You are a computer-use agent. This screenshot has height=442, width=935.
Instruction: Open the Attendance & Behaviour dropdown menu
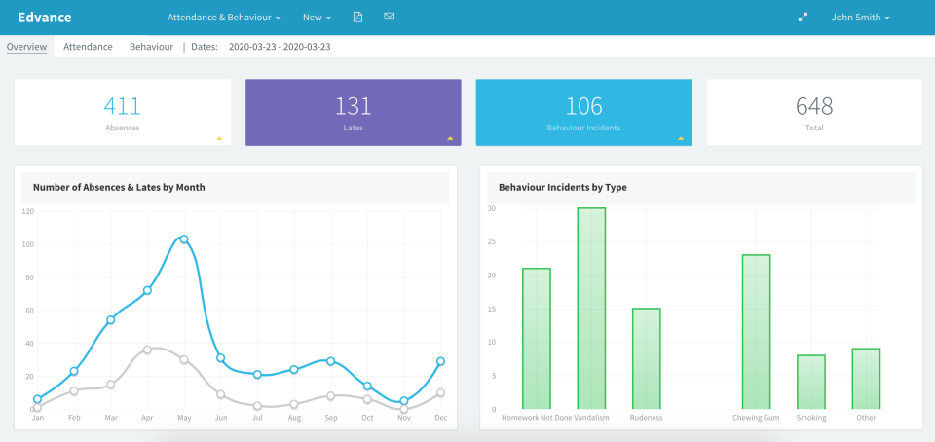tap(224, 18)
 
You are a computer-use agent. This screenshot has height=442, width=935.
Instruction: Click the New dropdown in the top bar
tap(317, 18)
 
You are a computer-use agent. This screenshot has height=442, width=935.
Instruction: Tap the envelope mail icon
tap(390, 18)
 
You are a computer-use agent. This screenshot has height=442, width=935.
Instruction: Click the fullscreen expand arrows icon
tap(803, 18)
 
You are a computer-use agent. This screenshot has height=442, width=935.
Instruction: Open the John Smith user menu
tap(860, 18)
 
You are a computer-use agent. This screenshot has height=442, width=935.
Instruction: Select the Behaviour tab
tap(151, 46)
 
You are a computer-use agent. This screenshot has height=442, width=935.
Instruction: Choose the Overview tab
tap(26, 46)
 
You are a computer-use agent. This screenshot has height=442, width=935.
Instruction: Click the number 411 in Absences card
tap(123, 106)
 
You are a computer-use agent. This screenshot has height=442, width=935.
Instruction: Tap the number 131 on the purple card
tap(353, 106)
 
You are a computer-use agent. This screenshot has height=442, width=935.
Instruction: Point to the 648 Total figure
tap(814, 106)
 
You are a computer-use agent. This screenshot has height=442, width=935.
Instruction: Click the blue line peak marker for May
tap(184, 239)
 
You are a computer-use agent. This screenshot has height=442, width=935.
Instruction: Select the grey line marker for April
tap(147, 350)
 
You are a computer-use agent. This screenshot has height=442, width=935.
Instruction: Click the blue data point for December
tap(441, 361)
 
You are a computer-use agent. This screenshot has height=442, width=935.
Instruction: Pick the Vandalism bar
tap(591, 309)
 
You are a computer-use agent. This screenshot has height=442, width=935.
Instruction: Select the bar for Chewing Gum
tap(756, 331)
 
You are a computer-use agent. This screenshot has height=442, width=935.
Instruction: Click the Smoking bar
tap(811, 382)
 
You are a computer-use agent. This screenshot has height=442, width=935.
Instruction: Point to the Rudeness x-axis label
tap(646, 418)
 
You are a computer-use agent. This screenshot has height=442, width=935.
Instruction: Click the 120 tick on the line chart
tap(27, 211)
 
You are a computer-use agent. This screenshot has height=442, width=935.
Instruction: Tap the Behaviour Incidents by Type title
tap(562, 186)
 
